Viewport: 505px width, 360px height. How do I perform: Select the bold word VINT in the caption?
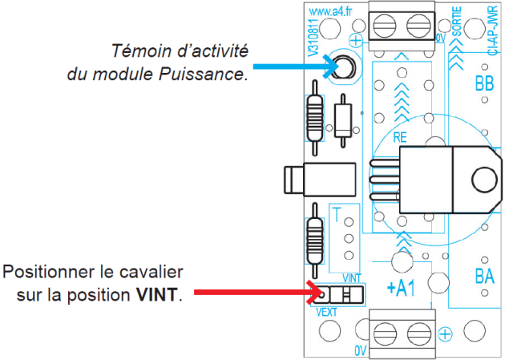[x=157, y=294]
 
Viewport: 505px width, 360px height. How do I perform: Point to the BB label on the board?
[x=484, y=83]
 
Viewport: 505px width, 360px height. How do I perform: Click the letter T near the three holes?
[x=337, y=215]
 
